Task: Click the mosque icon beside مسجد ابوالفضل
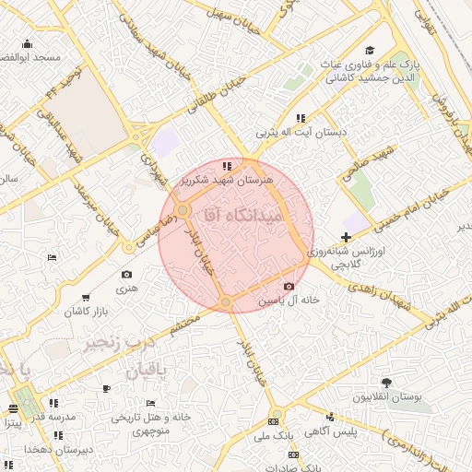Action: [x=28, y=43]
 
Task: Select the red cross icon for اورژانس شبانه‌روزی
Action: [x=346, y=237]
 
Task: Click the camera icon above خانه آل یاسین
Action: [x=289, y=287]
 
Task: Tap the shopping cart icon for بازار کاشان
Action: [x=86, y=297]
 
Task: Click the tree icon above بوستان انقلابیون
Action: [x=385, y=383]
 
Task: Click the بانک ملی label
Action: [x=272, y=433]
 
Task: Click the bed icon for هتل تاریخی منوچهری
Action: [x=151, y=404]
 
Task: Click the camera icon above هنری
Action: [x=126, y=274]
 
